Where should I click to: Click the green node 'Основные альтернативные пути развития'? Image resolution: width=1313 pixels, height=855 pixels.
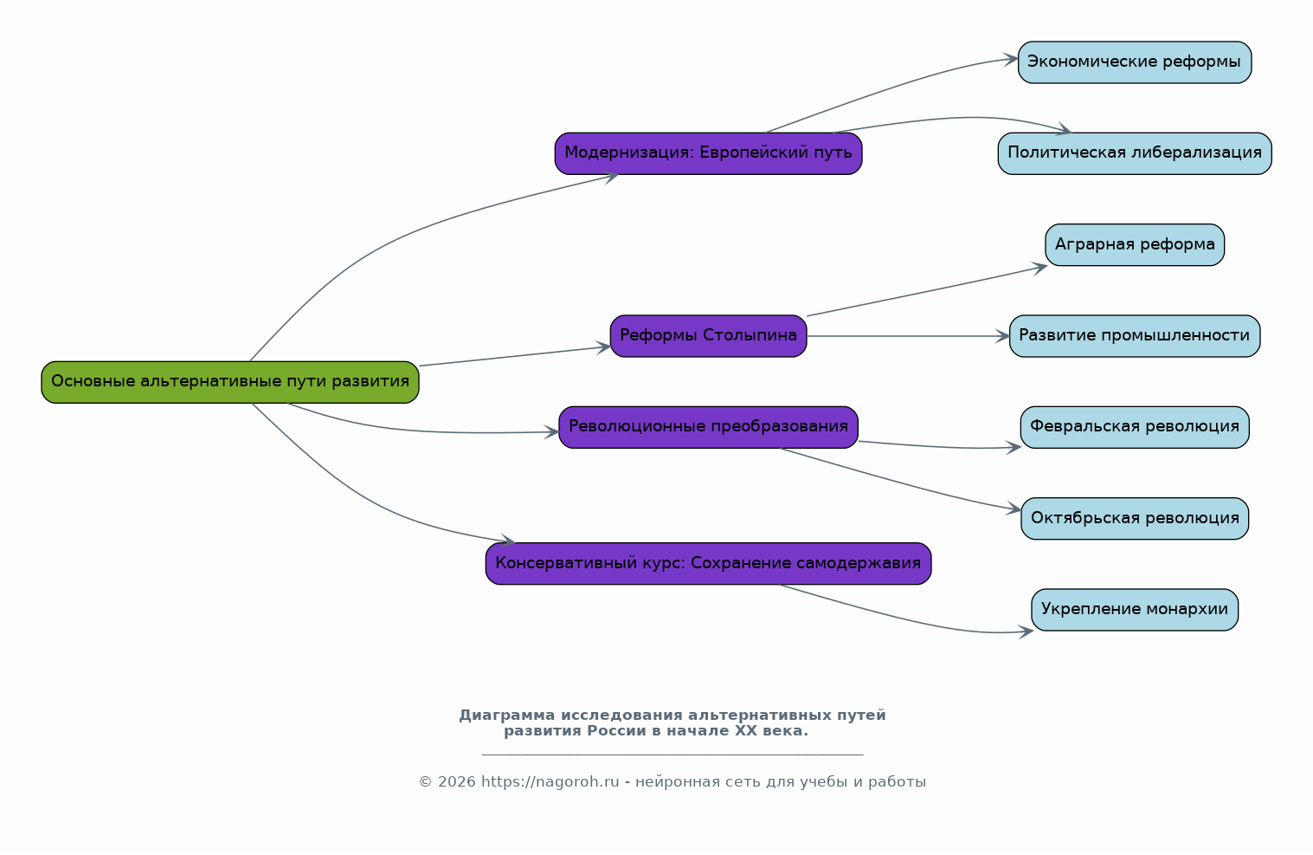click(229, 382)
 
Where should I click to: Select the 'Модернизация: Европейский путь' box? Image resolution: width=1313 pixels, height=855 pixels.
click(708, 153)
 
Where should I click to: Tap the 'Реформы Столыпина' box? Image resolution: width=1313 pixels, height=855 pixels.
click(708, 335)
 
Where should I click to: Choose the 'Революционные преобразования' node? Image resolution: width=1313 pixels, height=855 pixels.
click(708, 427)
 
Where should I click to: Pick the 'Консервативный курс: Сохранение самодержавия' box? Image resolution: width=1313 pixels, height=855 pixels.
click(708, 563)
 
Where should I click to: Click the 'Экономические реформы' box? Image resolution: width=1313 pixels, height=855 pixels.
click(1134, 62)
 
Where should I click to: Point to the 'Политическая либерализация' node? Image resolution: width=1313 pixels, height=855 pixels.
click(1135, 153)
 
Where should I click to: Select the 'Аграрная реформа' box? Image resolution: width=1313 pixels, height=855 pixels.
click(1135, 244)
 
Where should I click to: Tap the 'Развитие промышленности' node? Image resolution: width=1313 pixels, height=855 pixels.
click(1135, 335)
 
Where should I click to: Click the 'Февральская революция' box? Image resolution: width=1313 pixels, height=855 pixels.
click(1135, 427)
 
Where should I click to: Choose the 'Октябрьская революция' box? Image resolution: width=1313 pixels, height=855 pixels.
click(1135, 518)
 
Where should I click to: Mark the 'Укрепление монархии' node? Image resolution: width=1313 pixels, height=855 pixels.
click(1135, 610)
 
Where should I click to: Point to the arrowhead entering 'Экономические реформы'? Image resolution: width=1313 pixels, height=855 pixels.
click(1011, 59)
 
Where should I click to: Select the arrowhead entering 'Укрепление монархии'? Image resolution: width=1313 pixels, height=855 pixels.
click(1026, 632)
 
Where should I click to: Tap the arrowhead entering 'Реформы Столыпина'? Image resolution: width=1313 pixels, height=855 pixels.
click(604, 347)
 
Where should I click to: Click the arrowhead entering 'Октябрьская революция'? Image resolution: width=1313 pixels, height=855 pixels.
click(1014, 508)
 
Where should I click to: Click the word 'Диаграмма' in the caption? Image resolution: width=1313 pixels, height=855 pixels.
click(507, 716)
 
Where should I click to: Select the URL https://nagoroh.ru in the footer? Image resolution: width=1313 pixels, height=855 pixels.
click(550, 781)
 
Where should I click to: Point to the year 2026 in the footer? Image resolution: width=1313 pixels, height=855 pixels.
click(457, 781)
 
